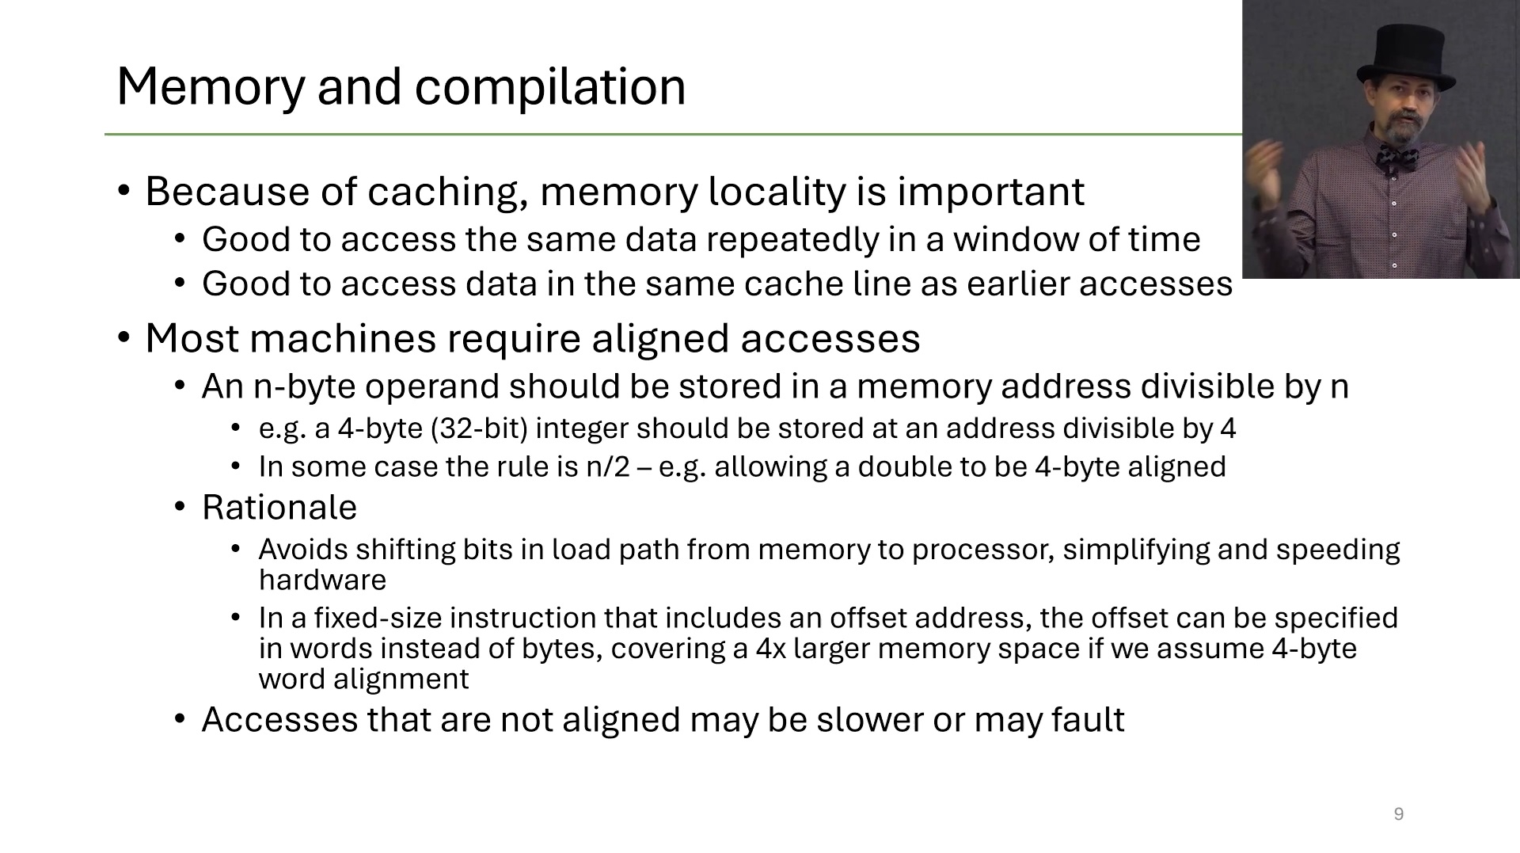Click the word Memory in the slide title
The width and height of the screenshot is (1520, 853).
click(x=210, y=87)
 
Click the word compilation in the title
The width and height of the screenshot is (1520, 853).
click(x=549, y=87)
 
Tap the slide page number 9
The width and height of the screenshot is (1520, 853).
click(x=1398, y=814)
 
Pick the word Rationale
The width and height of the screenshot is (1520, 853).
click(x=279, y=508)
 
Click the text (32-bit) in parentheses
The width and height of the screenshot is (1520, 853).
click(x=479, y=428)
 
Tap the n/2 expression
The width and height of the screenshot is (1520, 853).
click(x=607, y=467)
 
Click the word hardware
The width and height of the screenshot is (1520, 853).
click(x=322, y=581)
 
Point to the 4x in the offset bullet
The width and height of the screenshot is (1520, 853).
click(x=770, y=649)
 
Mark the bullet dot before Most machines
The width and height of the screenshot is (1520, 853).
click(x=123, y=338)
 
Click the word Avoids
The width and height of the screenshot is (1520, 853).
click(x=303, y=550)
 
